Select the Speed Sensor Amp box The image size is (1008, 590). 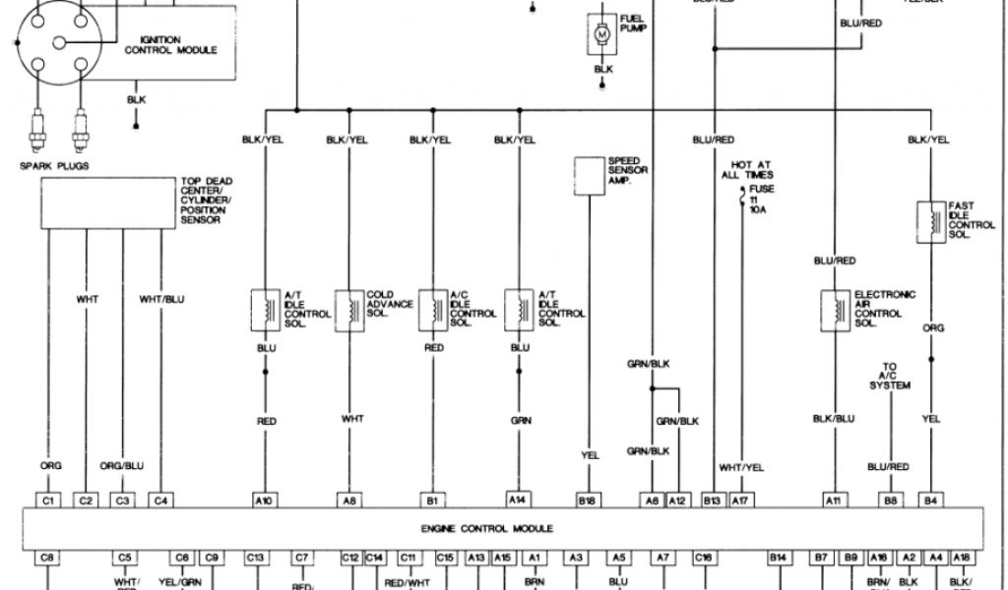[590, 174]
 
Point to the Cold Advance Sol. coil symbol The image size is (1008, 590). [349, 309]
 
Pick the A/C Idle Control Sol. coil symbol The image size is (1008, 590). [433, 309]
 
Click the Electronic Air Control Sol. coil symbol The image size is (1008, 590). [837, 309]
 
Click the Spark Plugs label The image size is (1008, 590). [54, 166]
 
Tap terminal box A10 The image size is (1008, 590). [265, 501]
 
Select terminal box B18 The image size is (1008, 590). [589, 501]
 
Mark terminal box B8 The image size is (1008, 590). [890, 501]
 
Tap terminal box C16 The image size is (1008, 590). [703, 557]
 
